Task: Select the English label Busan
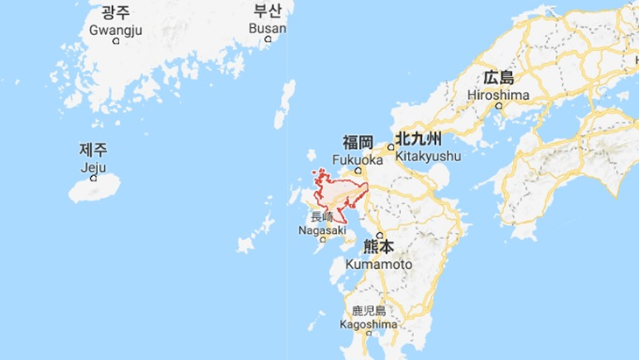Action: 267,29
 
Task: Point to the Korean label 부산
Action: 267,11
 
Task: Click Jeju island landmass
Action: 95,189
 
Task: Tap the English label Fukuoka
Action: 358,160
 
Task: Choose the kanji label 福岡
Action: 358,143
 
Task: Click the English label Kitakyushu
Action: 427,156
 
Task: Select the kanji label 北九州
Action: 418,139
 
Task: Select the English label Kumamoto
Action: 378,264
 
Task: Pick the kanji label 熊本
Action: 379,248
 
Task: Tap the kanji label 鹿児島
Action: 369,310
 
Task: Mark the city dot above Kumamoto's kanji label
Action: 380,236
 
